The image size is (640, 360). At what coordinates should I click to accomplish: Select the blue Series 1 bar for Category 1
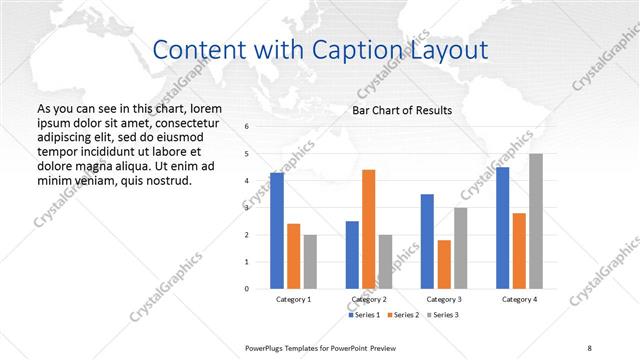[277, 230]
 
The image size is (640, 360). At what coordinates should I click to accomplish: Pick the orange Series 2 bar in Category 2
[368, 229]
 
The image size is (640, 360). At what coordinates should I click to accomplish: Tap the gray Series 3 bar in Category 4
[536, 221]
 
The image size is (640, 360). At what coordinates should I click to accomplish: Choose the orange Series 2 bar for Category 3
[444, 264]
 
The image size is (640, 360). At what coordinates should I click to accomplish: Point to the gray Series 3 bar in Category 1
[310, 261]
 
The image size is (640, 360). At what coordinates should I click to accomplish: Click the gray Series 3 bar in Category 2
[385, 261]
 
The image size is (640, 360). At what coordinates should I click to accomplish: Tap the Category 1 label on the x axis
[294, 299]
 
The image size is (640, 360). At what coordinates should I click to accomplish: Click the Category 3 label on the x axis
[444, 299]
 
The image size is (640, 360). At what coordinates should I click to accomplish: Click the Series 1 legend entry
[365, 315]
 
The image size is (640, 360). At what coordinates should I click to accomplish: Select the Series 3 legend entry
[446, 315]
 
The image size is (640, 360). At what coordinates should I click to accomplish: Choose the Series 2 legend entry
[405, 315]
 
